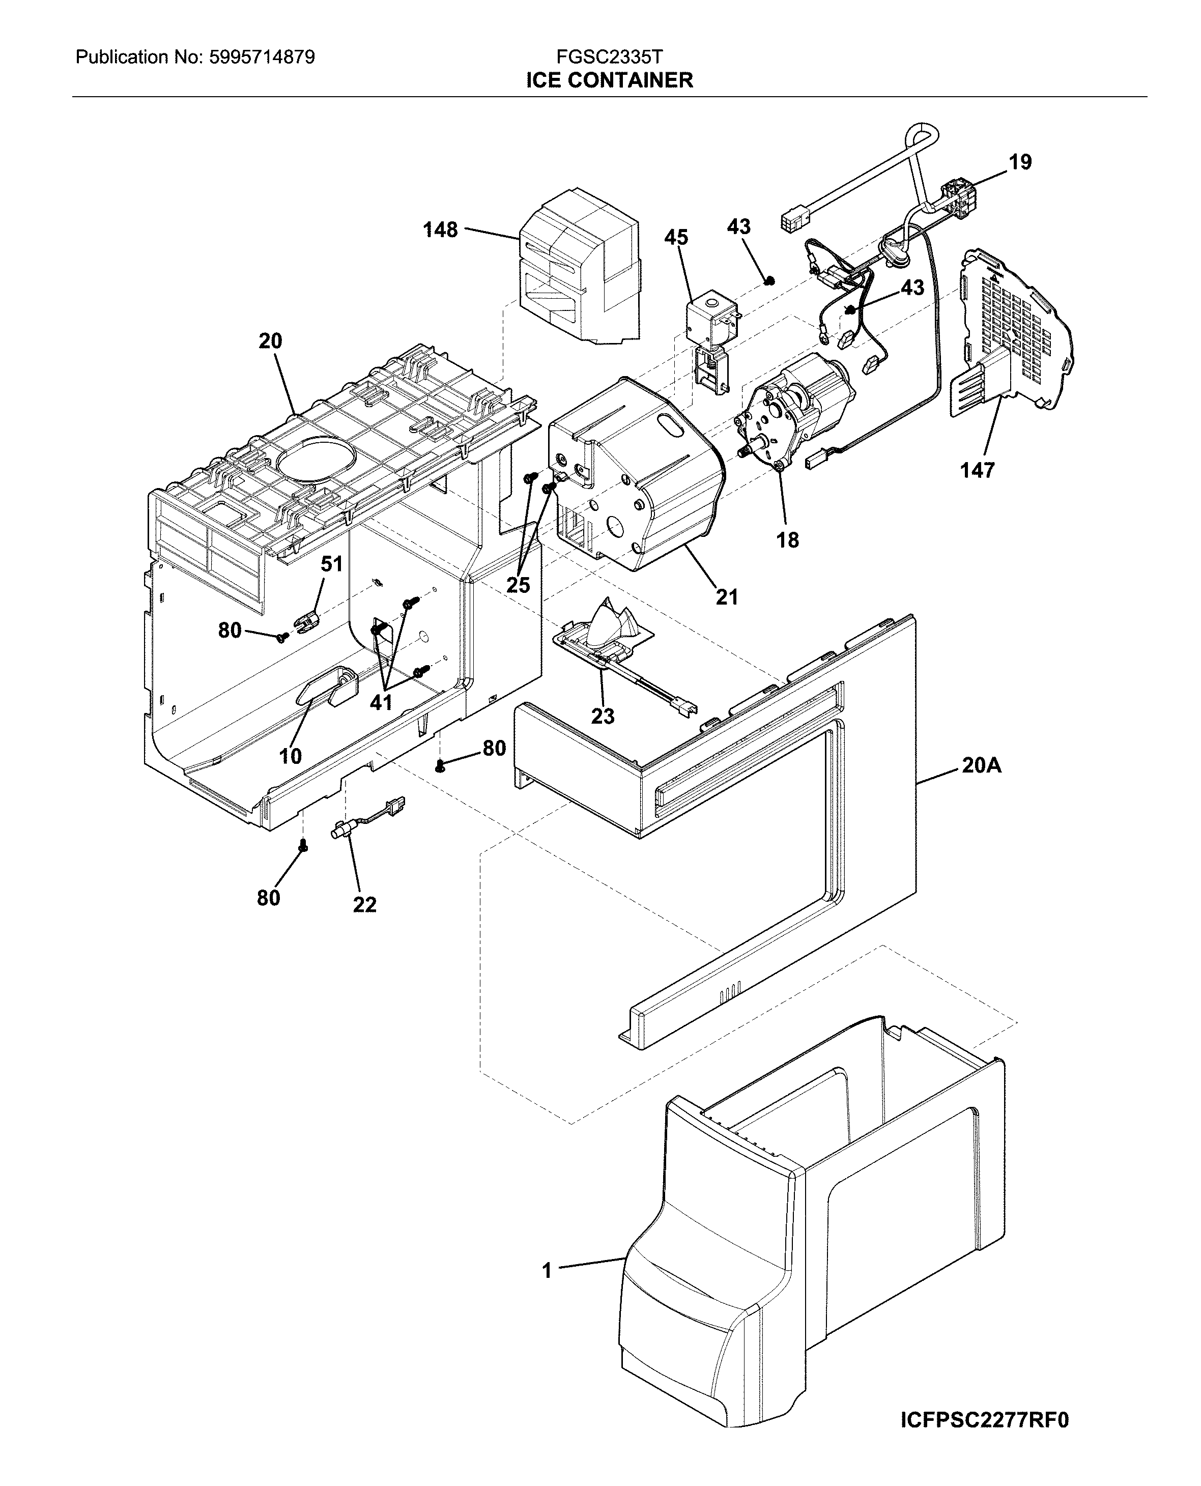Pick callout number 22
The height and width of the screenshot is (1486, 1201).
(364, 904)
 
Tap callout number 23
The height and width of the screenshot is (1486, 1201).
(602, 716)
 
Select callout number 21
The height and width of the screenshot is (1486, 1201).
(726, 596)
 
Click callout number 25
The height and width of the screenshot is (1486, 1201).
(518, 585)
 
